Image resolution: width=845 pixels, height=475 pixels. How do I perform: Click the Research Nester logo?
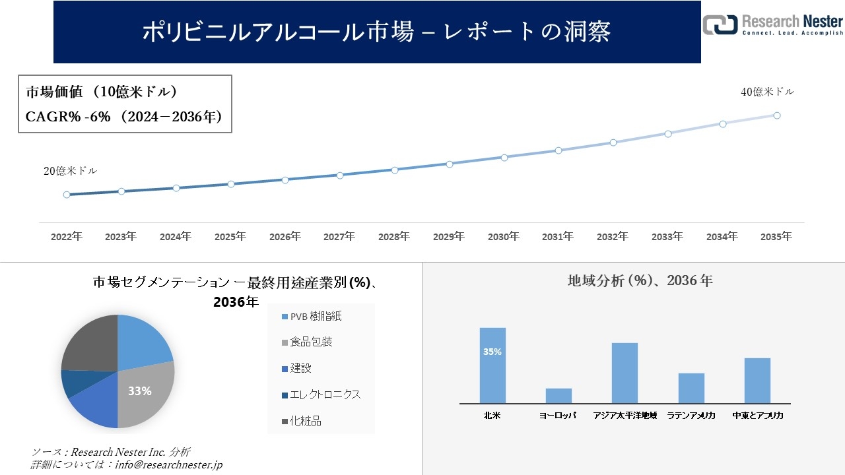[772, 24]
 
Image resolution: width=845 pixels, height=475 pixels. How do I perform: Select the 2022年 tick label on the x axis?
[67, 236]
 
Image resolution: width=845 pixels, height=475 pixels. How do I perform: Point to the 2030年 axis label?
[504, 236]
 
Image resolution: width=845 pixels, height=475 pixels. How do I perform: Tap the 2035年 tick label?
[776, 236]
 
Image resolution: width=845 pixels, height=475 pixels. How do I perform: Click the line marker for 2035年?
[777, 115]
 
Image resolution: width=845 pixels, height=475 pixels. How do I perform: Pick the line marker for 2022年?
[67, 195]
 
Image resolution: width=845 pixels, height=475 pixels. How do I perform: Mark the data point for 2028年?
[395, 170]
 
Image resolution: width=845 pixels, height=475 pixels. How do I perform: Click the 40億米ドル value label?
[767, 92]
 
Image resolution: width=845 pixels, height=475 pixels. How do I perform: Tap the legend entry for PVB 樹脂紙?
[312, 317]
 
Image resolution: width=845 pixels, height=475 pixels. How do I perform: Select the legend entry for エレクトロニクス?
[321, 395]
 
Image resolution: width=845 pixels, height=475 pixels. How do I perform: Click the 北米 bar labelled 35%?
[492, 365]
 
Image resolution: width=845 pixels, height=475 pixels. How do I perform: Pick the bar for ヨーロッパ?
[558, 396]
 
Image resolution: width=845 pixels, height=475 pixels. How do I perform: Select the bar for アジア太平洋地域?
[625, 373]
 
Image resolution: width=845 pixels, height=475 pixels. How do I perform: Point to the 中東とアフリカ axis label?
[757, 416]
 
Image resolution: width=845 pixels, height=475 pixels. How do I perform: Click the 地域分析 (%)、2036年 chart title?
[640, 280]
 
